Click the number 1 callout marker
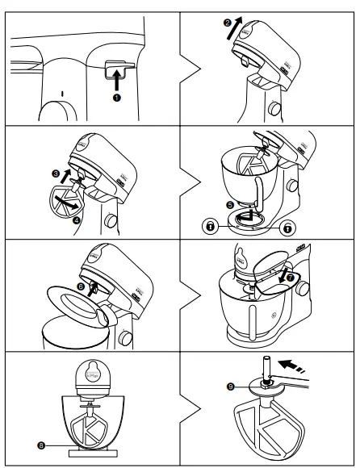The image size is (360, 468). pyautogui.click(x=116, y=98)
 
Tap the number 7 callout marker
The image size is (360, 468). pyautogui.click(x=291, y=278)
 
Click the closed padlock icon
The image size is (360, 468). pyautogui.click(x=210, y=228)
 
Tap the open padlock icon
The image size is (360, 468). pyautogui.click(x=287, y=228)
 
